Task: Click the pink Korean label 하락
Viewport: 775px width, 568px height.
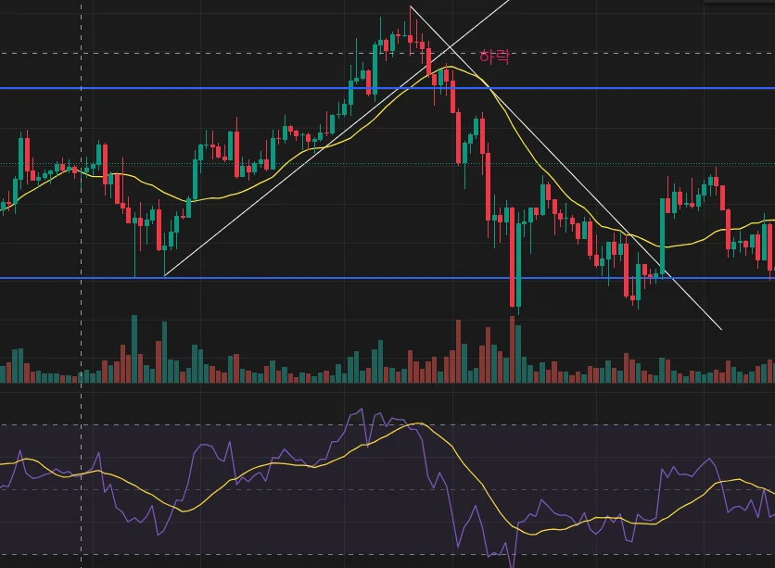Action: click(494, 57)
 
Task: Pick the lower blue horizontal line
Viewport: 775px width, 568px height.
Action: click(371, 278)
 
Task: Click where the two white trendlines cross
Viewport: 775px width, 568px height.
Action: click(451, 47)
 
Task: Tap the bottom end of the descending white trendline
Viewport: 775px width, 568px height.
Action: click(720, 328)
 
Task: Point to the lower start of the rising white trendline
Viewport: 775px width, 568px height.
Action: click(165, 275)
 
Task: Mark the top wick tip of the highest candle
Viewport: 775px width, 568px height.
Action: click(411, 7)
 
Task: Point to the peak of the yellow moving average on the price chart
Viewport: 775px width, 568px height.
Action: click(449, 67)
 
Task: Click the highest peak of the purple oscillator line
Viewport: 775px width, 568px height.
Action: click(356, 410)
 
